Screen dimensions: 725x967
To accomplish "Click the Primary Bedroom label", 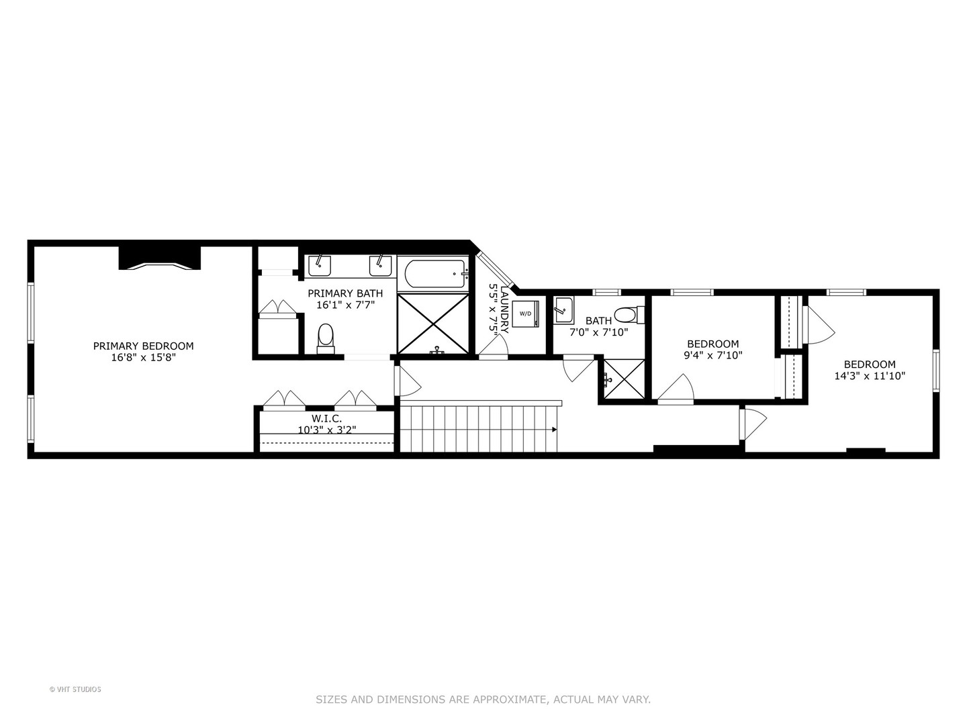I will (x=143, y=346).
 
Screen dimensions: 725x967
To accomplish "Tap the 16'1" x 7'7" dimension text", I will (x=345, y=304).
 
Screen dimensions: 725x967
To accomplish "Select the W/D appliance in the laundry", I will (x=525, y=313).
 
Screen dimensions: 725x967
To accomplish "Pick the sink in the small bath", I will (x=563, y=311).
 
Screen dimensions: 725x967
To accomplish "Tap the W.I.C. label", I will (x=326, y=418).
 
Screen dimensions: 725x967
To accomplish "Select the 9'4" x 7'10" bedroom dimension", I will (x=712, y=355).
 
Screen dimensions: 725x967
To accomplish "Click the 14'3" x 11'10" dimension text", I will (x=870, y=376).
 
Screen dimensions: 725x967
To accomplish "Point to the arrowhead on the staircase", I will (x=554, y=429).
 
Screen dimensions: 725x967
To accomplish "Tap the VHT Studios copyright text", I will (x=75, y=689).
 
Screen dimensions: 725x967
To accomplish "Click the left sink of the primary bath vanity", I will (x=319, y=265).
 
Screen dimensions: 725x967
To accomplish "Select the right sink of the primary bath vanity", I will (x=380, y=265).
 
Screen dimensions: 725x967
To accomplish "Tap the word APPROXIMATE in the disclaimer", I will (x=510, y=699).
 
